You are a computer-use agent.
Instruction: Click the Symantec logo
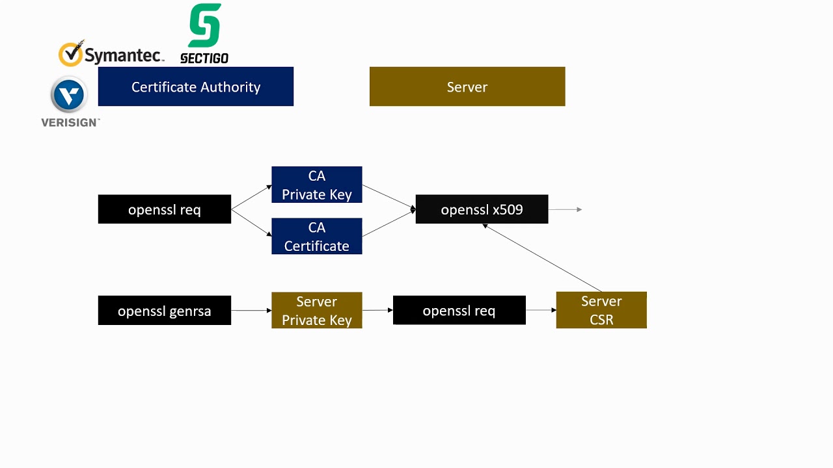(x=111, y=55)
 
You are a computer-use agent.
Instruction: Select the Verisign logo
(x=70, y=101)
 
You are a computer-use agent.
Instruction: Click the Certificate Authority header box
(x=195, y=86)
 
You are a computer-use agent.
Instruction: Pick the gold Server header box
(x=467, y=86)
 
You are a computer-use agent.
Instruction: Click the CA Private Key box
(x=316, y=185)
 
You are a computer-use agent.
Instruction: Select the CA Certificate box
(x=316, y=236)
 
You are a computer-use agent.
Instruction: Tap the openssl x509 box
(x=482, y=209)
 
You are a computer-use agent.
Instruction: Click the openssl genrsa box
(x=164, y=310)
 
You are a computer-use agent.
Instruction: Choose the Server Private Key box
(x=316, y=310)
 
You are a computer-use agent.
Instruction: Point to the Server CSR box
(x=601, y=310)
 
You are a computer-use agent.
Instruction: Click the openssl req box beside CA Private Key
(x=164, y=209)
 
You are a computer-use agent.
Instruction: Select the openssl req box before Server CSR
(x=459, y=310)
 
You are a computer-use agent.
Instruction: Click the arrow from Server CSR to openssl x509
(x=542, y=258)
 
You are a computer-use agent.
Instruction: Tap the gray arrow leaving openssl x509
(x=565, y=209)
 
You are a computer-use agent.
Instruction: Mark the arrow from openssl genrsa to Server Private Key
(x=251, y=310)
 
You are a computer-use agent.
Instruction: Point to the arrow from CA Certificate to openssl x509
(x=389, y=223)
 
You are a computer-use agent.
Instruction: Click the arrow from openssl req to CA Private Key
(x=251, y=198)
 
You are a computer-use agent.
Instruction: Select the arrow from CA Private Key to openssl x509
(x=389, y=197)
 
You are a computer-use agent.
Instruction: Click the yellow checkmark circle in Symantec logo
(x=71, y=54)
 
